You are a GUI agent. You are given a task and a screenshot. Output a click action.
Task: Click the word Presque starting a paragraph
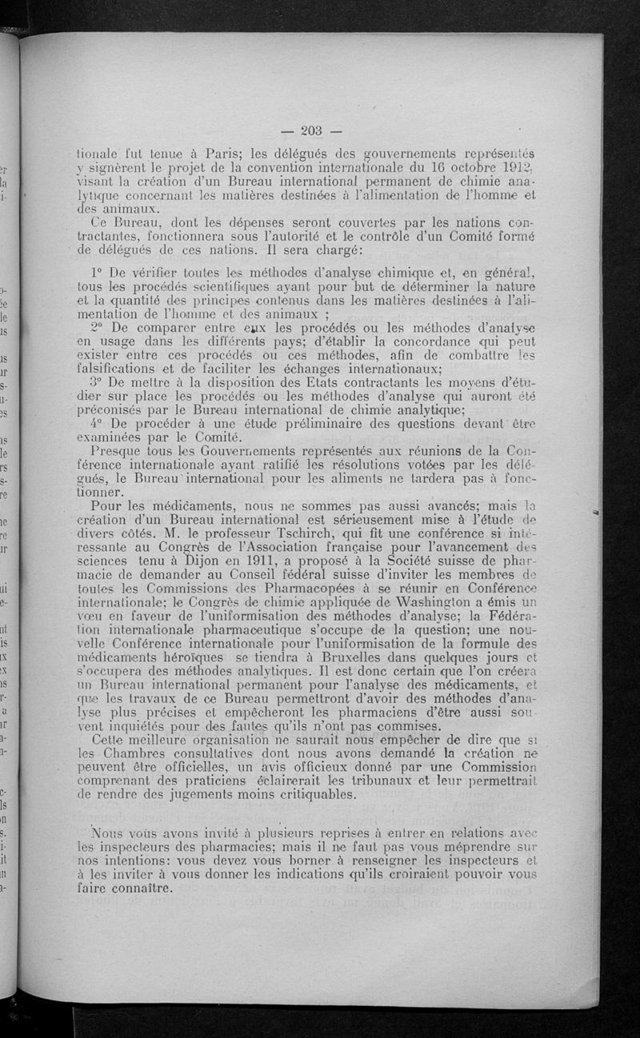tap(117, 453)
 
